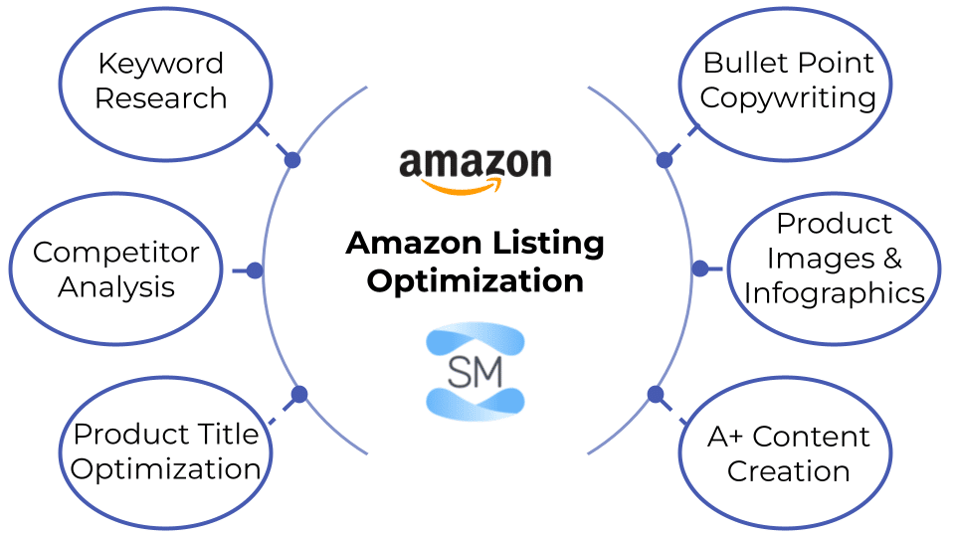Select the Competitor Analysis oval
(x=114, y=269)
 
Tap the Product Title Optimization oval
(x=165, y=452)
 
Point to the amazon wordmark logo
(x=476, y=163)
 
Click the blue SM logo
(x=475, y=370)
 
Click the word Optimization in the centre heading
(x=476, y=280)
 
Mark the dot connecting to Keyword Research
(x=291, y=159)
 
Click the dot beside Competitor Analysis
(x=255, y=269)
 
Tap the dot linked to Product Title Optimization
(x=299, y=395)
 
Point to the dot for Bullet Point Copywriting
(x=664, y=159)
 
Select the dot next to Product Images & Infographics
(x=699, y=268)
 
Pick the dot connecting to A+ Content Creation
(x=656, y=395)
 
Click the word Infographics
(x=834, y=293)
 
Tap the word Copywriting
(x=788, y=98)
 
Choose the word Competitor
(x=115, y=253)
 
